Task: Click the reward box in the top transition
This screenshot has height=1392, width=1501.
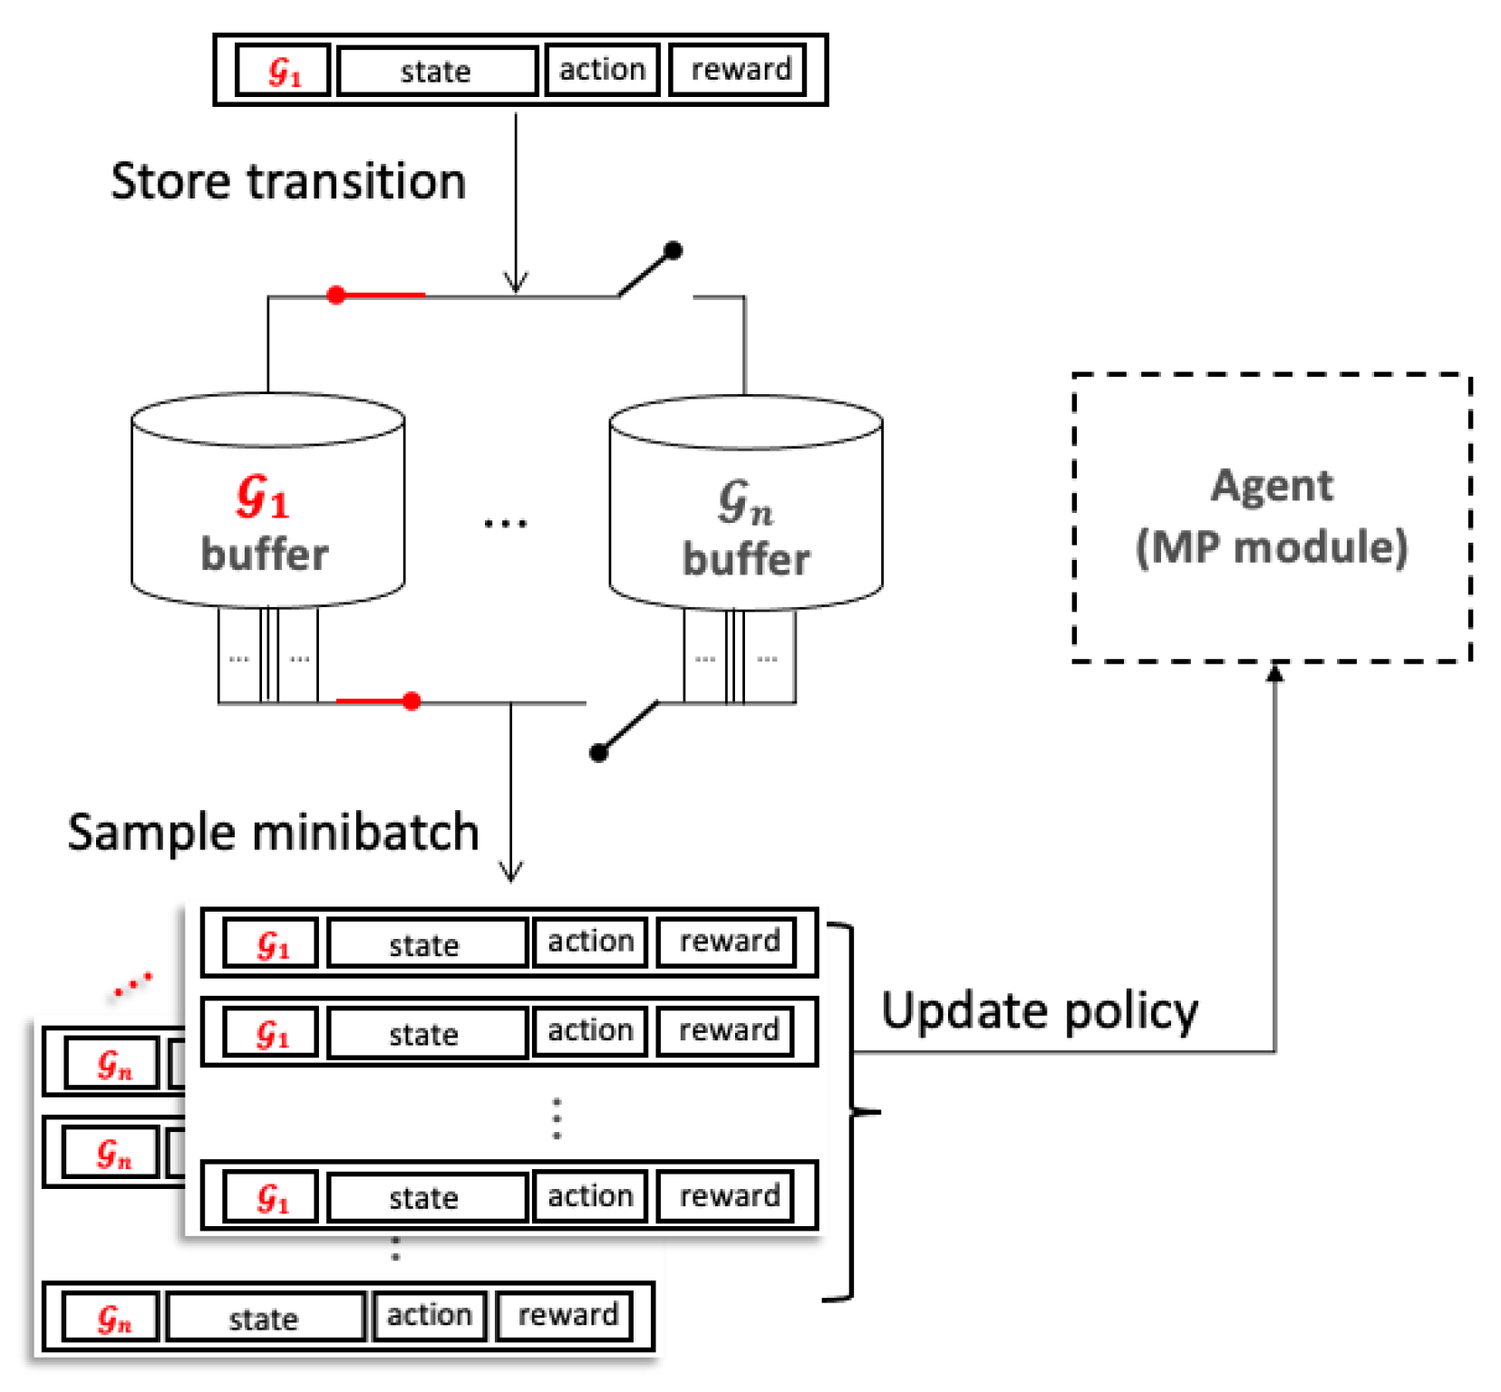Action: point(739,70)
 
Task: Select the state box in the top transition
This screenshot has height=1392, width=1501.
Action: point(437,71)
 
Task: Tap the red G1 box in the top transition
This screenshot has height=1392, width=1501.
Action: point(283,71)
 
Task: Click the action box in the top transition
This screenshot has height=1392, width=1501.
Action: point(602,70)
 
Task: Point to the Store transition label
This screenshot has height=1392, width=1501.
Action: point(288,181)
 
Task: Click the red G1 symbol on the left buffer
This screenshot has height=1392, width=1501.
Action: point(263,497)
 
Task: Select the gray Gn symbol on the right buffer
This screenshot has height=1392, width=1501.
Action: point(745,503)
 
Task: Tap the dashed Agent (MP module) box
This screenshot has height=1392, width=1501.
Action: point(1271,517)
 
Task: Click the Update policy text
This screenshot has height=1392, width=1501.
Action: point(1040,1011)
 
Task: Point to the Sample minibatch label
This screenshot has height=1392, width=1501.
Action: point(273,832)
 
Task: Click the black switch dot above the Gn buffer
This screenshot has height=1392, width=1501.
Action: point(673,250)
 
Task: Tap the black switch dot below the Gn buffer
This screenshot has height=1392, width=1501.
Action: point(598,753)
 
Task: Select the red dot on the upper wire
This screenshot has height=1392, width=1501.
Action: point(336,295)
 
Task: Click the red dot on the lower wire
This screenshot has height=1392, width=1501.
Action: point(412,701)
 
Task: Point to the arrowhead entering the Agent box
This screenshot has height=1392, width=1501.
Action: point(1274,672)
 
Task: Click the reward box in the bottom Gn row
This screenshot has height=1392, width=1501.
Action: point(567,1316)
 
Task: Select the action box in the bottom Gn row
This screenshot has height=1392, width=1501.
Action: point(429,1316)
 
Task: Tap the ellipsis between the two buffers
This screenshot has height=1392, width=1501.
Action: point(505,523)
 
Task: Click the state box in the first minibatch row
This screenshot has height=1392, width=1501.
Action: point(425,944)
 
